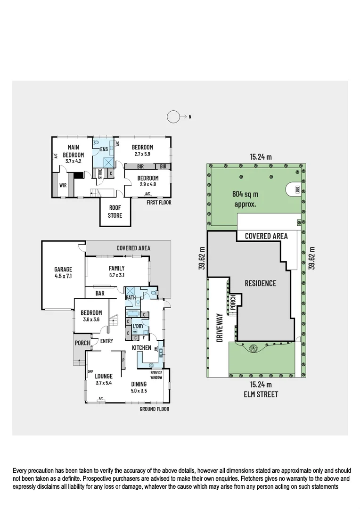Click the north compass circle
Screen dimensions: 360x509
(x=173, y=117)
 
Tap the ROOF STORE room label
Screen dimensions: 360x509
(x=115, y=212)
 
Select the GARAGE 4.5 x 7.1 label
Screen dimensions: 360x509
(x=63, y=273)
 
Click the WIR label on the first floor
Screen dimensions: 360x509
(x=63, y=185)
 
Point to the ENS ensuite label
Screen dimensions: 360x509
(x=104, y=149)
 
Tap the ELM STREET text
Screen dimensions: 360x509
(x=261, y=394)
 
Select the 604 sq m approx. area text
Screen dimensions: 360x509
(x=245, y=199)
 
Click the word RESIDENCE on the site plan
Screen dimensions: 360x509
(x=261, y=283)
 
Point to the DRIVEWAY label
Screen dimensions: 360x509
(x=220, y=327)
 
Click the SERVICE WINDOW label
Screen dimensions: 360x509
(x=156, y=375)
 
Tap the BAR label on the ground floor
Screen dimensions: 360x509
(x=100, y=293)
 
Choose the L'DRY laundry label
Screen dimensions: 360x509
(x=138, y=326)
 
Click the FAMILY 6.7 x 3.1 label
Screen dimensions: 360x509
(x=117, y=271)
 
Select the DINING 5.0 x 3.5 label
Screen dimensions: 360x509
(x=139, y=387)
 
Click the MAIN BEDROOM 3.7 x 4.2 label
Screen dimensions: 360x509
(x=74, y=154)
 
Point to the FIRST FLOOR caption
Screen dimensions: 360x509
(x=159, y=202)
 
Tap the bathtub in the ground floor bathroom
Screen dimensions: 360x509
(x=132, y=314)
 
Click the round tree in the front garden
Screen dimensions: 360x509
(x=253, y=349)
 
